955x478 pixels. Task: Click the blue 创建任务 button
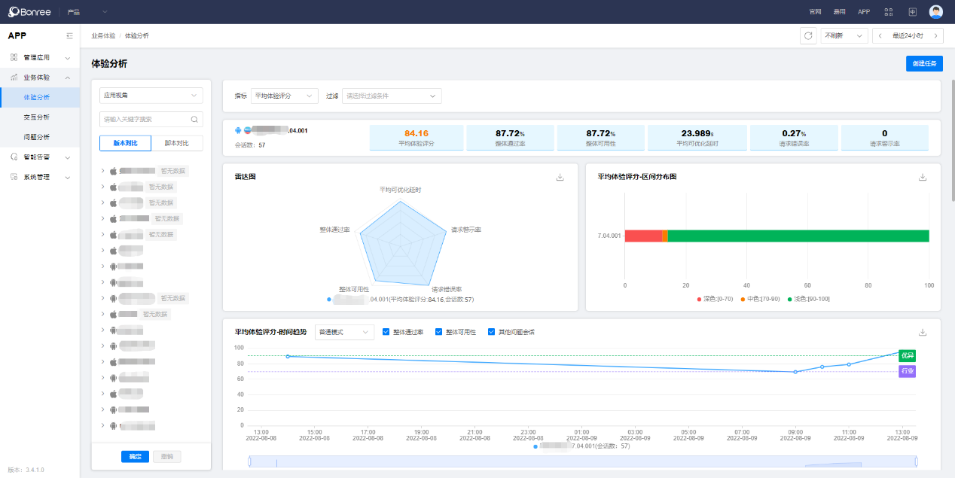[x=924, y=63]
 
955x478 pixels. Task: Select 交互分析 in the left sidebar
[x=36, y=117]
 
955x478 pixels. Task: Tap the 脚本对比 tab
[x=177, y=143]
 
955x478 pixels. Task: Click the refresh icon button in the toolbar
[x=808, y=35]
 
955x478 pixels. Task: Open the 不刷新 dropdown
[x=844, y=35]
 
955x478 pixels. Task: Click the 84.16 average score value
[x=416, y=133]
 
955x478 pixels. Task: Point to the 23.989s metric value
[x=697, y=133]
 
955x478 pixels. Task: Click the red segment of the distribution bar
[x=643, y=236]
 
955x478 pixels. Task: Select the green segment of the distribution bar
[x=798, y=236]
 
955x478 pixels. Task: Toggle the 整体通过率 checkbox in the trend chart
[x=386, y=332]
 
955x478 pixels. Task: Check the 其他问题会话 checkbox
[x=492, y=332]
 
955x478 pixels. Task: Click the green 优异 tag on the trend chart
[x=908, y=355]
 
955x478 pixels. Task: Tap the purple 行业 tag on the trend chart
[x=908, y=371]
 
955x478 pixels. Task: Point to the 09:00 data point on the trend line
[x=795, y=372]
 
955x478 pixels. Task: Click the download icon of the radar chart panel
[x=560, y=177]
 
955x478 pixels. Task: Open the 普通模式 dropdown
[x=344, y=332]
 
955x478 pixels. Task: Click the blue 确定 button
[x=135, y=456]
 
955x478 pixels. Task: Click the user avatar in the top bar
[x=936, y=11]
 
